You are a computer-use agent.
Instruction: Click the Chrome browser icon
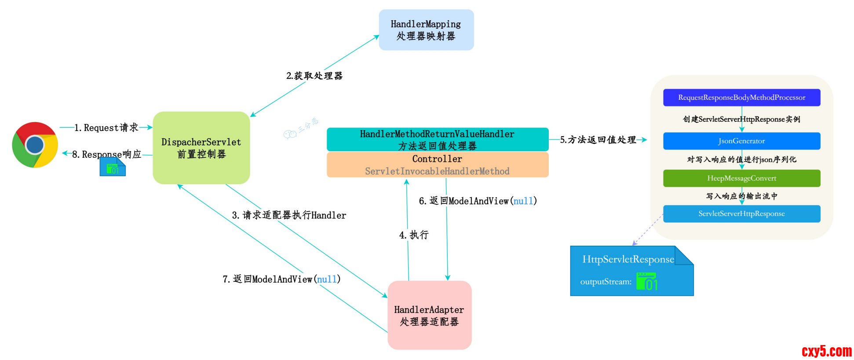click(35, 145)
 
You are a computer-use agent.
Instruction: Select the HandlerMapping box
click(426, 30)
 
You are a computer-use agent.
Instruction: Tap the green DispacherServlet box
click(201, 148)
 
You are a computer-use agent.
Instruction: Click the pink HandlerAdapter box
click(429, 315)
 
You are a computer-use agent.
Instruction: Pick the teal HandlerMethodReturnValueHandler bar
click(437, 139)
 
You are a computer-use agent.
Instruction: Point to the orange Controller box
click(437, 165)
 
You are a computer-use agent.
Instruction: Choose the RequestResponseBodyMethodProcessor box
click(741, 98)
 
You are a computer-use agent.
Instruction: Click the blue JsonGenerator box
click(741, 141)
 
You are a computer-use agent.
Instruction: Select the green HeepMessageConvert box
click(741, 178)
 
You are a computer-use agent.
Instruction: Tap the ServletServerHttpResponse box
click(741, 214)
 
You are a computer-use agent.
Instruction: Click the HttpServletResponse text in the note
click(628, 259)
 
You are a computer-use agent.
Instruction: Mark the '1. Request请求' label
click(106, 128)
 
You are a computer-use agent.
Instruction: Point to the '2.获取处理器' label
click(314, 76)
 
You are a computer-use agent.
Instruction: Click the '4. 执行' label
click(414, 235)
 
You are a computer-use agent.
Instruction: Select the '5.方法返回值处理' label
click(598, 140)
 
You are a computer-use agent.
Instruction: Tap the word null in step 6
click(523, 201)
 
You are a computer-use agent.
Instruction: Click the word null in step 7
click(327, 280)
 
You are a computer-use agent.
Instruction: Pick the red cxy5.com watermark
click(826, 351)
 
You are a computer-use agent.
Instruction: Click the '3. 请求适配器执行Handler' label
click(289, 215)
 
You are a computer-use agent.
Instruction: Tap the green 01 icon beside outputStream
click(647, 282)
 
